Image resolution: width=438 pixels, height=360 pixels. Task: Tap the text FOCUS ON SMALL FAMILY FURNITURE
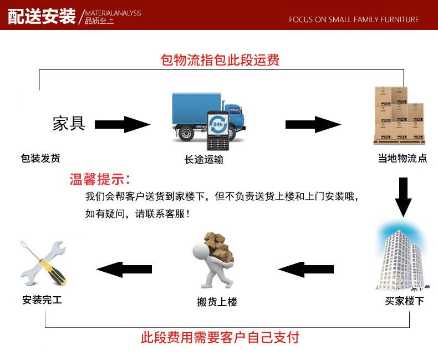pos(354,19)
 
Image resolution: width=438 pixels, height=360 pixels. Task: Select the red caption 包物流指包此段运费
pos(220,59)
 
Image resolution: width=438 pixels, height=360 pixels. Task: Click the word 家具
pos(69,123)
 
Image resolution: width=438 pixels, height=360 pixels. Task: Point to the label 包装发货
pos(40,158)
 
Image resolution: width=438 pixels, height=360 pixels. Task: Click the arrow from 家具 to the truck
pos(122,124)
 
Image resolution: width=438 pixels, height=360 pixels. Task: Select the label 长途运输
pos(204,159)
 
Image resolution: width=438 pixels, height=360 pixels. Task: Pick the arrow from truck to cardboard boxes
pos(312,124)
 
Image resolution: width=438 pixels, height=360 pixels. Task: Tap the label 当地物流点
pos(403,158)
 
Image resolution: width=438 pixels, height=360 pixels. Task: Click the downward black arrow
pos(404,196)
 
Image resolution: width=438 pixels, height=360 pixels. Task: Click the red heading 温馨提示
pos(100,179)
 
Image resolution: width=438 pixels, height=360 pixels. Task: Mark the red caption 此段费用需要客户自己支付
pos(220,337)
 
